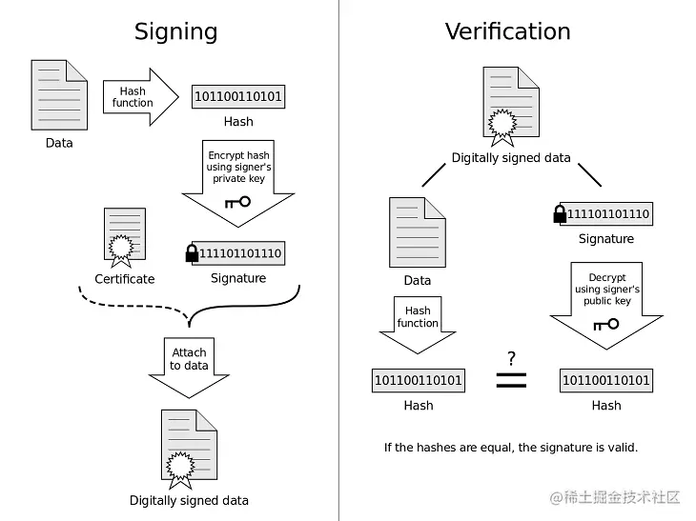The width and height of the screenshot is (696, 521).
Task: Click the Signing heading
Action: coord(175,31)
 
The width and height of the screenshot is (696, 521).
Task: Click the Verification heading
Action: coord(507,31)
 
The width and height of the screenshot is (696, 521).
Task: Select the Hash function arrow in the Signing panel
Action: coord(139,96)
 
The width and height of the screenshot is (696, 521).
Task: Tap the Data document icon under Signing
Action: coord(59,94)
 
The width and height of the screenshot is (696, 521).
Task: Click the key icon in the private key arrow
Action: coord(237,202)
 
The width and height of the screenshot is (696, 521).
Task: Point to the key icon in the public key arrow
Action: coord(605,324)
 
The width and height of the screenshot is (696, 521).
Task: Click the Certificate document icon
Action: coord(124,235)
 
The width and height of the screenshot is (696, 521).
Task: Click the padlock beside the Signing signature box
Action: coord(192,252)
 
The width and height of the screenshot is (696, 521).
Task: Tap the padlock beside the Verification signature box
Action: coord(560,213)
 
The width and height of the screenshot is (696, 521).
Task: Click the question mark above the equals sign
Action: coord(511,359)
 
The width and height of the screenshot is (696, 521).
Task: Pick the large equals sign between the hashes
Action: coord(511,380)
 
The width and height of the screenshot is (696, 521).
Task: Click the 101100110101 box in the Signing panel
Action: coord(238,96)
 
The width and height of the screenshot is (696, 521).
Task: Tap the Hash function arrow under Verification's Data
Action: coord(418,323)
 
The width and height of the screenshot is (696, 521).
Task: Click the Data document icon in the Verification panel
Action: coord(418,231)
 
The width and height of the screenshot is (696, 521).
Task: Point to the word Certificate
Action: coord(124,279)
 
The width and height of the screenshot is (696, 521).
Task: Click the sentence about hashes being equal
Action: coord(511,447)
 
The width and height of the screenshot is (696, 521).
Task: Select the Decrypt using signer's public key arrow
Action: coord(606,299)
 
